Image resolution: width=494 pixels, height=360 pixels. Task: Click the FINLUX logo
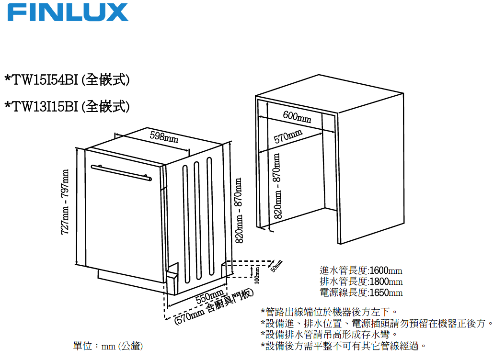click(68, 12)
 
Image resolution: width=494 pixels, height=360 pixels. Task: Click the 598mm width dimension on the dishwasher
click(164, 137)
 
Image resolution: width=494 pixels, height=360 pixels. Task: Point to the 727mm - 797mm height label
click(65, 202)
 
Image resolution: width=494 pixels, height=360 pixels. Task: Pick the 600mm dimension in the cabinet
click(297, 116)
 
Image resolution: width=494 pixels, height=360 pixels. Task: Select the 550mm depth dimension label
click(210, 297)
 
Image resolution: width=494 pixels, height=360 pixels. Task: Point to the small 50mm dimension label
click(276, 266)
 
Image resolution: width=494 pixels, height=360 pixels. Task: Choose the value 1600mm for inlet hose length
click(386, 270)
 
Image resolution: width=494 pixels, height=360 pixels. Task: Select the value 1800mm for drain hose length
click(386, 281)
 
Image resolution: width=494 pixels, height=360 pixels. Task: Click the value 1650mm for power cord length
click(386, 292)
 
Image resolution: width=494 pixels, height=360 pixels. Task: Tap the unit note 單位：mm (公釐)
click(108, 346)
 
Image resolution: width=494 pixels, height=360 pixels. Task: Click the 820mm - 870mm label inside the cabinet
click(277, 187)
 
